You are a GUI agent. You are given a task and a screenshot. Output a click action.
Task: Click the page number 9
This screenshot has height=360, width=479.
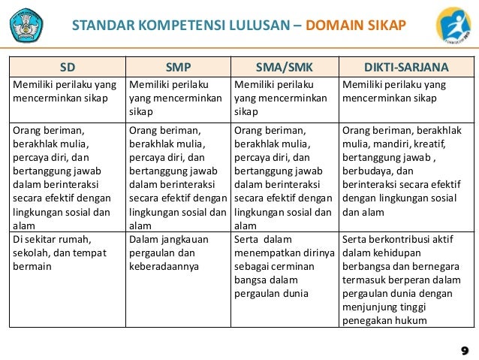(x=465, y=350)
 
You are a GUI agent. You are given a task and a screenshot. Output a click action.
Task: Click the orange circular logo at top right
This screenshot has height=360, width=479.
(x=453, y=27)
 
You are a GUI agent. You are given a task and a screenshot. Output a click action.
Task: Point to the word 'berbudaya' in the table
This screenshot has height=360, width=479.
(x=366, y=171)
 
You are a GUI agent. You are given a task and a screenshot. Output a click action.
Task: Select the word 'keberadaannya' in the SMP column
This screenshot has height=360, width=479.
(x=164, y=266)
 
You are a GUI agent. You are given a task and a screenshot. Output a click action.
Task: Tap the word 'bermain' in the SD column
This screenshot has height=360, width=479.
(x=32, y=266)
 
